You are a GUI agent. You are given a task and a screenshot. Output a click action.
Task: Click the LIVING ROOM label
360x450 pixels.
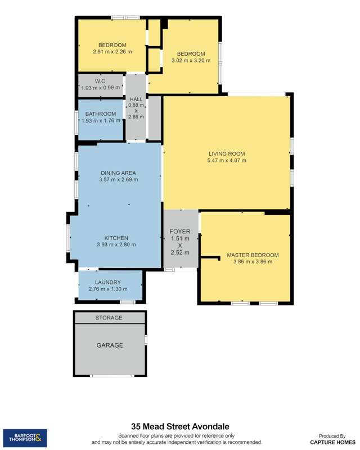pyautogui.click(x=227, y=154)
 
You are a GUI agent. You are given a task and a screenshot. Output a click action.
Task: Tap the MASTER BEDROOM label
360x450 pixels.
pyautogui.click(x=253, y=255)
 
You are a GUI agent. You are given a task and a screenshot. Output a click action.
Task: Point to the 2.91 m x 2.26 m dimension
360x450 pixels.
pyautogui.click(x=112, y=52)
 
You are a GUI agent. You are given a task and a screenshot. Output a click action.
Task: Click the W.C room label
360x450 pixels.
pyautogui.click(x=101, y=82)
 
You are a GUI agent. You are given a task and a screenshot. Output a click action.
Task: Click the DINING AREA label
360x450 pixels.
pyautogui.click(x=118, y=173)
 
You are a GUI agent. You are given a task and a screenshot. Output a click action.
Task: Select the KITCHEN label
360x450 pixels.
pyautogui.click(x=116, y=238)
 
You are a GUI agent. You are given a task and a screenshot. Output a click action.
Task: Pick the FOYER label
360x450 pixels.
pyautogui.click(x=181, y=231)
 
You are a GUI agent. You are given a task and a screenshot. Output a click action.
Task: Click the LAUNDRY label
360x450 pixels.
pyautogui.click(x=108, y=282)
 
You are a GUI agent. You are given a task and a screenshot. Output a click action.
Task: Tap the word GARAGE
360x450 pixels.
pyautogui.click(x=110, y=345)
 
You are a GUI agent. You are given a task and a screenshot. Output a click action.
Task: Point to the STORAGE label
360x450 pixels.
pyautogui.click(x=109, y=318)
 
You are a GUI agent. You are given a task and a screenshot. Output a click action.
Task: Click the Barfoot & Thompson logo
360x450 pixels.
pyautogui.click(x=25, y=438)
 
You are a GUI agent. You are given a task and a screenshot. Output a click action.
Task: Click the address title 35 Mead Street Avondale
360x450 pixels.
pyautogui.click(x=180, y=427)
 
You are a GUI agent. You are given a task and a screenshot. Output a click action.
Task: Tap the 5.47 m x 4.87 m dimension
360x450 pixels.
pyautogui.click(x=227, y=160)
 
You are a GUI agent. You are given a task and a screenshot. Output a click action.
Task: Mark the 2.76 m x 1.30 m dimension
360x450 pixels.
pyautogui.click(x=108, y=289)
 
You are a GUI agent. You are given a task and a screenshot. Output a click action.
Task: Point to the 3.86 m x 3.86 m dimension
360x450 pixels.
pyautogui.click(x=253, y=262)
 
